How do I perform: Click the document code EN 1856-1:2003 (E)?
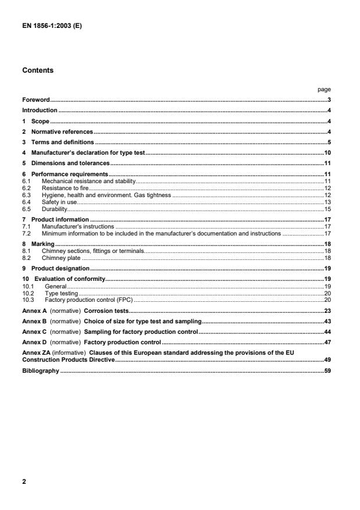49,26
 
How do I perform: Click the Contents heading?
38,70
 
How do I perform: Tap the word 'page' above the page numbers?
324,90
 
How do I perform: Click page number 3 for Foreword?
329,100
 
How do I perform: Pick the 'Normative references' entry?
62,132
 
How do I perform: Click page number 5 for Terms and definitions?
329,142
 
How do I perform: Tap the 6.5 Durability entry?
55,209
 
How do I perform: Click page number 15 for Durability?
327,209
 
